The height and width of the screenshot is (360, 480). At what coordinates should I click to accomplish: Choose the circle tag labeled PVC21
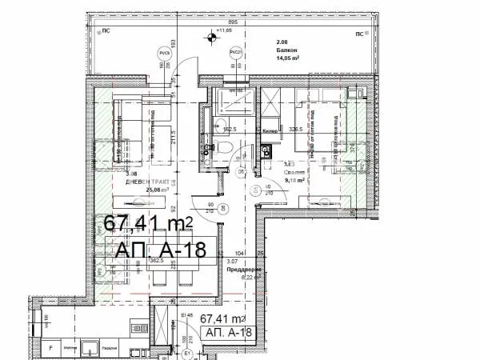point(235,53)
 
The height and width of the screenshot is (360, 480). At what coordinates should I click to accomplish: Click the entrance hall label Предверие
point(243,269)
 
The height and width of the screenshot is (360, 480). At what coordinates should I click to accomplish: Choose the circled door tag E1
point(187,352)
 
